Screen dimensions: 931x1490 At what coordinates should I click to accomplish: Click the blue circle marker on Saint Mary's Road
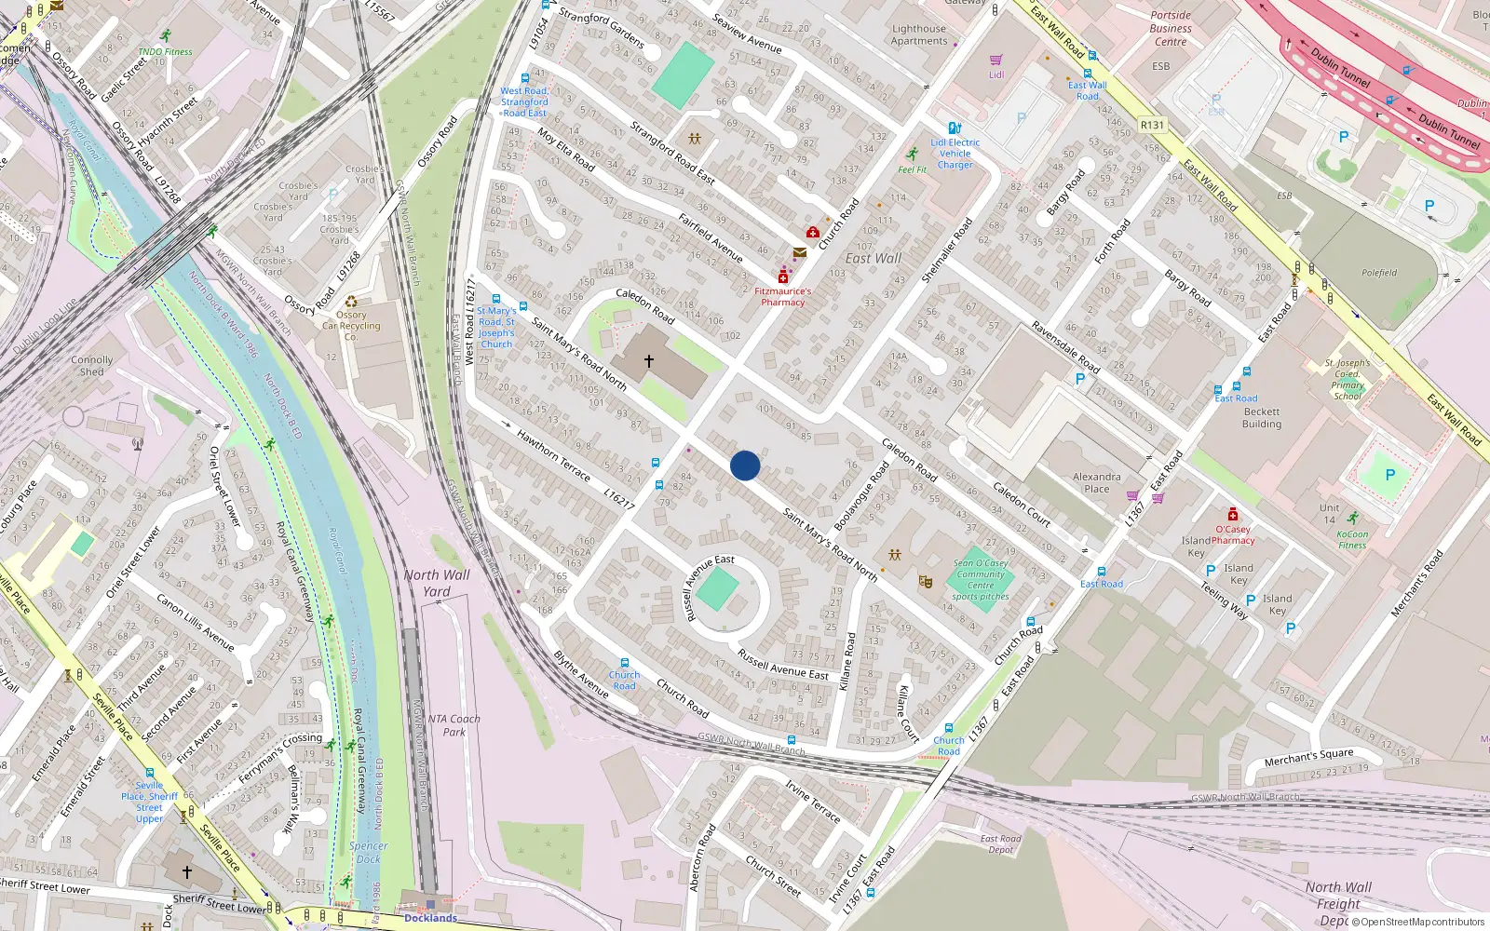point(745,465)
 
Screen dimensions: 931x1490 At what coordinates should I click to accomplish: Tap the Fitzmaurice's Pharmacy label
point(782,296)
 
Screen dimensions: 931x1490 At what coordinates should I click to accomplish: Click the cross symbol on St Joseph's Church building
point(649,360)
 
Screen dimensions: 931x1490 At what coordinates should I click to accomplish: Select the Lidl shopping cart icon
point(996,60)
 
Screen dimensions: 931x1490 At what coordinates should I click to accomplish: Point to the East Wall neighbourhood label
point(873,258)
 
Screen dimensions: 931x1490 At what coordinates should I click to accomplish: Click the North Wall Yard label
point(437,583)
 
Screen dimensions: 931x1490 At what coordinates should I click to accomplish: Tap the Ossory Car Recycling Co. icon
point(351,302)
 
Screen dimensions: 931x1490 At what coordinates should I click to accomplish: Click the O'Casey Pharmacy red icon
point(1233,514)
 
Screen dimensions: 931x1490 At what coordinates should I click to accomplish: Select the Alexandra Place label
point(1096,482)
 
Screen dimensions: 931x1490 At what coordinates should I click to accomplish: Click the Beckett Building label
point(1262,418)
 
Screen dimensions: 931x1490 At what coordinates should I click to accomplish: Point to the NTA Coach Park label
point(454,725)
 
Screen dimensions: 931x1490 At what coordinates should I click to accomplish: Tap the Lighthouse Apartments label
point(918,34)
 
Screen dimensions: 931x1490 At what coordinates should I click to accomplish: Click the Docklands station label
point(430,918)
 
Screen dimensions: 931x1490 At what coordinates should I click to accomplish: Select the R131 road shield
point(1152,125)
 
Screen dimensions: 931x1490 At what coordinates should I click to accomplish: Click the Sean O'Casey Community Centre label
point(981,579)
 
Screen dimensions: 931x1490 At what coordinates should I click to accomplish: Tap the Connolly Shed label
point(91,366)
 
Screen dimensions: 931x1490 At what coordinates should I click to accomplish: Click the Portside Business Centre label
point(1171,28)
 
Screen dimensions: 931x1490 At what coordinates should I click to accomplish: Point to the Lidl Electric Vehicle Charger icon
point(954,128)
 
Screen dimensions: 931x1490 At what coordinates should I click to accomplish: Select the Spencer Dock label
point(369,852)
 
